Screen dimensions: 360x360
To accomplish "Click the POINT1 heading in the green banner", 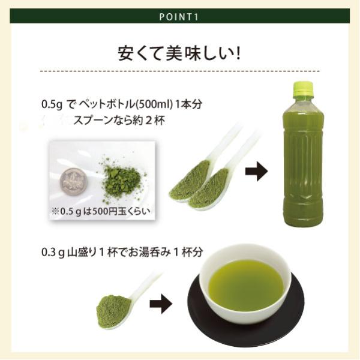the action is pyautogui.click(x=179, y=17).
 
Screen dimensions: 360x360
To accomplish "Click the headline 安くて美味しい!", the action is pyautogui.click(x=179, y=54).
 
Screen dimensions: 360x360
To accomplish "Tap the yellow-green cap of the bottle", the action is pyautogui.click(x=303, y=89).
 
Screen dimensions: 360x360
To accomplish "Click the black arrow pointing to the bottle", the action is pyautogui.click(x=256, y=172).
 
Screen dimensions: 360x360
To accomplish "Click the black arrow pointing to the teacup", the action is pyautogui.click(x=161, y=304).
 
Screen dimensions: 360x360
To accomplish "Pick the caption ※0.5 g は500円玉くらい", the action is pyautogui.click(x=101, y=211).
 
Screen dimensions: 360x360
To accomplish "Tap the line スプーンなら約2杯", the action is pyautogui.click(x=119, y=120).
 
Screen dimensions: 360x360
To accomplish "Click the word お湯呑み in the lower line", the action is pyautogui.click(x=149, y=252).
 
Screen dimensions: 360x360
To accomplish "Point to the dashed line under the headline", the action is pyautogui.click(x=180, y=71).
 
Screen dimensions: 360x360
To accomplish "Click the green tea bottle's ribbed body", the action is pyautogui.click(x=303, y=166).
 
